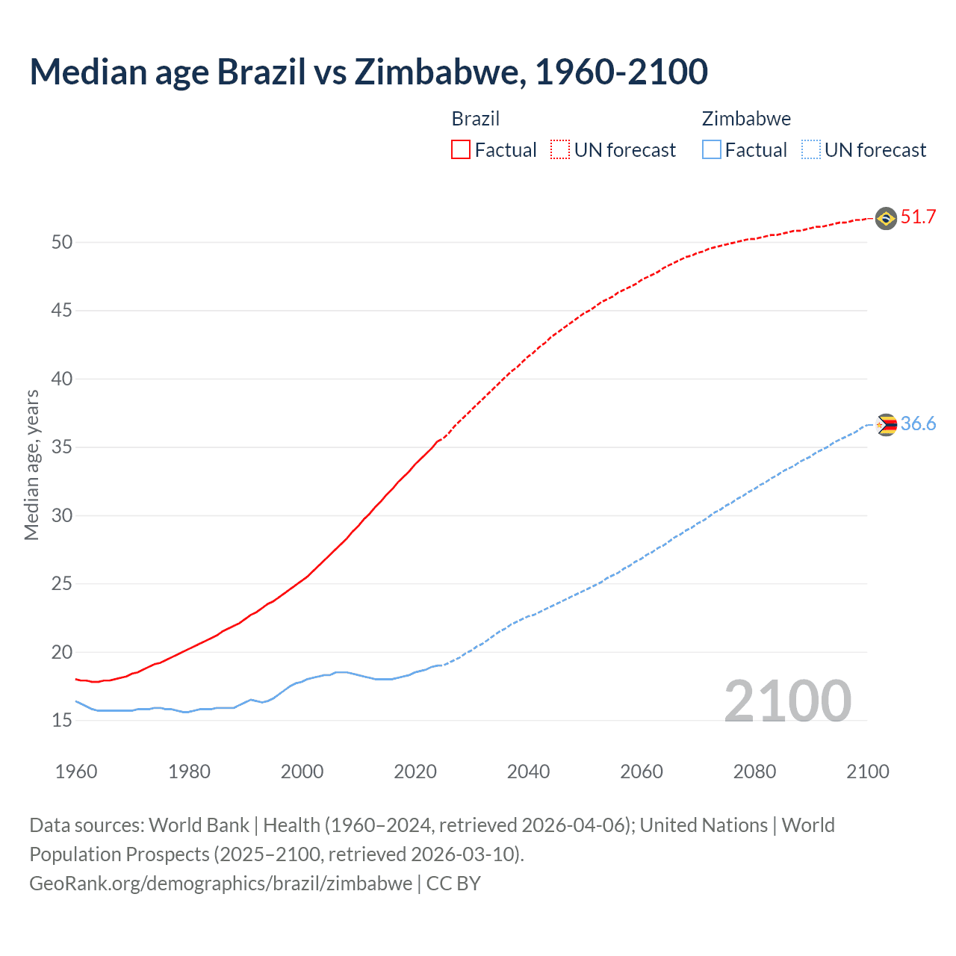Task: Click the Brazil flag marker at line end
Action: [x=886, y=218]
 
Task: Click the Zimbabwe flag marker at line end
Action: [x=886, y=424]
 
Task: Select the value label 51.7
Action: [x=918, y=217]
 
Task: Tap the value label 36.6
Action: [x=918, y=424]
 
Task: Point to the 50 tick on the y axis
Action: [x=61, y=242]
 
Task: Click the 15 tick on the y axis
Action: [x=61, y=721]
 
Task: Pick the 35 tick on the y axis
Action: [x=61, y=447]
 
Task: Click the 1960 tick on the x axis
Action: [x=76, y=772]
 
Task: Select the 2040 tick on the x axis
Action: [x=528, y=772]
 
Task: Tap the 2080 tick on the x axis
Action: [x=754, y=772]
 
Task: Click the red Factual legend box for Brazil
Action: [x=461, y=150]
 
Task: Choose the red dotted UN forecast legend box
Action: [x=560, y=150]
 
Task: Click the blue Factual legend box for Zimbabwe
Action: [x=711, y=150]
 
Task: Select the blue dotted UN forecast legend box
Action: [x=810, y=150]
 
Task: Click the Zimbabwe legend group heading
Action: [x=746, y=119]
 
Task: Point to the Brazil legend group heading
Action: [x=476, y=119]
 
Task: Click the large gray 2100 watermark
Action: [x=787, y=701]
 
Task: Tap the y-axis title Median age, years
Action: [x=31, y=465]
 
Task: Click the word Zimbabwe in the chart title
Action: [x=436, y=72]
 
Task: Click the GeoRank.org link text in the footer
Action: [x=220, y=884]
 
